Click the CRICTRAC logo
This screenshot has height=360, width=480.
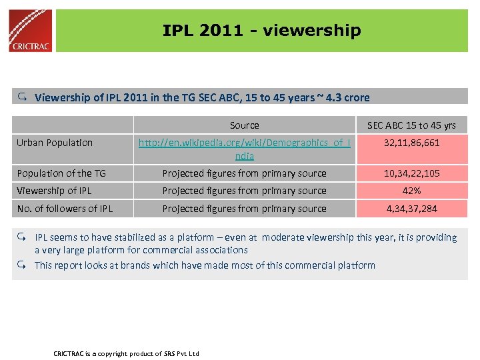[31, 31]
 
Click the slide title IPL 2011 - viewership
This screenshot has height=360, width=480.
[261, 31]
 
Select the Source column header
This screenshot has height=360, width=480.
[244, 125]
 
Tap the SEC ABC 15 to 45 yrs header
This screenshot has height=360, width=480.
[411, 125]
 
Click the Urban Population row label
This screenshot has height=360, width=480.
[55, 143]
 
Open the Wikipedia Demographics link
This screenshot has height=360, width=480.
[244, 149]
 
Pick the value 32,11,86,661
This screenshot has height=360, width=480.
[411, 143]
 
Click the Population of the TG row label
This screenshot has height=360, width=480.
[61, 173]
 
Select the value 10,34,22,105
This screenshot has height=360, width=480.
[411, 173]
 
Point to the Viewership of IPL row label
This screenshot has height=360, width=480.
[54, 191]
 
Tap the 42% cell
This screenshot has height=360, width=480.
[411, 191]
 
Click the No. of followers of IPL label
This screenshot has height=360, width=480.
[65, 209]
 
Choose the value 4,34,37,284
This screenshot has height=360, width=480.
[411, 209]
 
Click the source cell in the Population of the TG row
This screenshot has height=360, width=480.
[244, 173]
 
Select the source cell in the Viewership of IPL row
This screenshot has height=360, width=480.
[244, 191]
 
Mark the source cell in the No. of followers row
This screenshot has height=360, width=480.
[244, 209]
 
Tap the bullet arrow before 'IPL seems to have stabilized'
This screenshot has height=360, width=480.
[22, 237]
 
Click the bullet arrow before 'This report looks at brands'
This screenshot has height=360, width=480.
[22, 265]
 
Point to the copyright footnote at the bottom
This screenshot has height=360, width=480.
[126, 353]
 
